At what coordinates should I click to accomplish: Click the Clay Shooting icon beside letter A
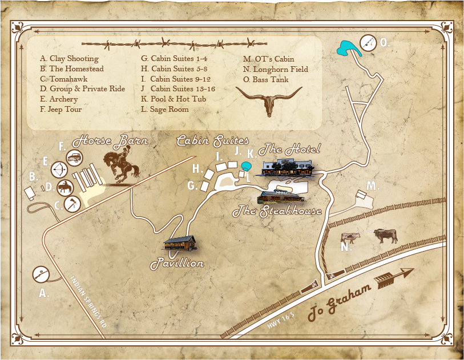(x=41, y=274)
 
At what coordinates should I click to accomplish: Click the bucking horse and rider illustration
(x=122, y=166)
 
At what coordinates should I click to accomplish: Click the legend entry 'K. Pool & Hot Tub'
(x=174, y=99)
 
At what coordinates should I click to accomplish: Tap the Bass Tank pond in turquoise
(x=346, y=48)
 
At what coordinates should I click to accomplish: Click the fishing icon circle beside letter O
(x=369, y=42)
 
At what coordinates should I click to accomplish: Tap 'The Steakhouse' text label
(x=277, y=212)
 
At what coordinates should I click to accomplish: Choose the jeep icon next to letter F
(x=75, y=157)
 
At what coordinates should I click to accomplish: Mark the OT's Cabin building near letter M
(x=361, y=196)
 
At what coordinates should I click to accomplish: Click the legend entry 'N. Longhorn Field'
(x=276, y=69)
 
